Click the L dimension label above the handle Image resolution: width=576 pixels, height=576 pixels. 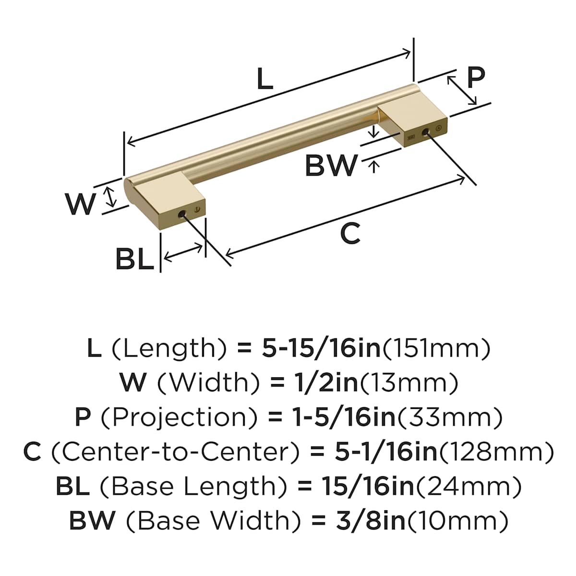[x=264, y=79]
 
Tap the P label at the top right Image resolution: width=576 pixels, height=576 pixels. [x=476, y=77]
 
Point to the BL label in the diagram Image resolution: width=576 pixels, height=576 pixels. [x=134, y=260]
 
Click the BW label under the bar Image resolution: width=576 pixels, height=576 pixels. [x=331, y=166]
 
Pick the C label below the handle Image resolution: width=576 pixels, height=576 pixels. [x=350, y=234]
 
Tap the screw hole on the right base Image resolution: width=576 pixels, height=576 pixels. [x=425, y=132]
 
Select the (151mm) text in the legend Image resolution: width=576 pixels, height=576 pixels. [x=436, y=348]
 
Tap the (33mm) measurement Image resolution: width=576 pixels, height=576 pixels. [x=449, y=417]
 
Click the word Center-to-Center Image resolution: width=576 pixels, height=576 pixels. [x=176, y=452]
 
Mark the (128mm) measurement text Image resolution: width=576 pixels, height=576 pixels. [x=496, y=452]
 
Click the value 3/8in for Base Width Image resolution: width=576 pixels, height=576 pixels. [x=371, y=521]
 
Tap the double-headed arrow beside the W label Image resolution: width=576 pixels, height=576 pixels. [x=111, y=197]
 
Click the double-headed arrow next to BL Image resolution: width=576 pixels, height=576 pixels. [x=183, y=252]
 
